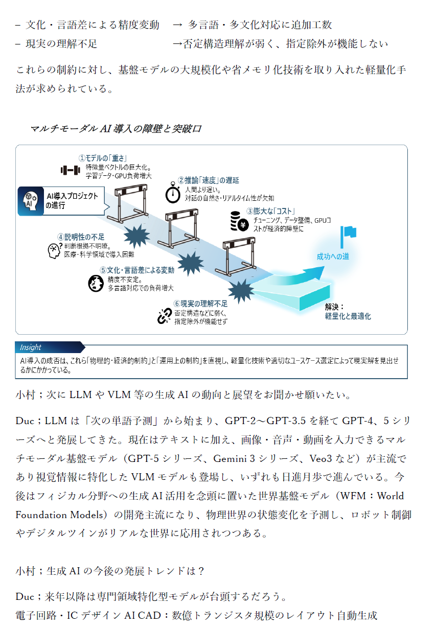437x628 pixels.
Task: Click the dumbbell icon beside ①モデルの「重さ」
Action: pyautogui.click(x=71, y=170)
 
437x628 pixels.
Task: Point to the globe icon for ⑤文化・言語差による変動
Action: pyautogui.click(x=96, y=283)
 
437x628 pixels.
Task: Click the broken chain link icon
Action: pyautogui.click(x=164, y=317)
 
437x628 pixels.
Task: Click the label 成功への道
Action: pyautogui.click(x=333, y=257)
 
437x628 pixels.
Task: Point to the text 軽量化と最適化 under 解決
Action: pyautogui.click(x=348, y=316)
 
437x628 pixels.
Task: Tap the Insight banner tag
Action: pyautogui.click(x=31, y=347)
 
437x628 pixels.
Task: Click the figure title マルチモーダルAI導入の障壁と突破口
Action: pyautogui.click(x=116, y=129)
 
